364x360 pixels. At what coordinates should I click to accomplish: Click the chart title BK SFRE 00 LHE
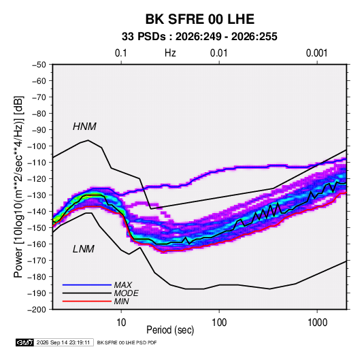(x=199, y=19)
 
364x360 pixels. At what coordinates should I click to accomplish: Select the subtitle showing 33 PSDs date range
(x=199, y=37)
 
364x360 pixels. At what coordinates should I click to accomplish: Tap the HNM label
(x=84, y=127)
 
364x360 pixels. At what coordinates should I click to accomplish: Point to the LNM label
(x=84, y=249)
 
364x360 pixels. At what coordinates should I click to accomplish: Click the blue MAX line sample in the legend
(x=87, y=284)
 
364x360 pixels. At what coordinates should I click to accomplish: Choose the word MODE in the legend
(x=127, y=293)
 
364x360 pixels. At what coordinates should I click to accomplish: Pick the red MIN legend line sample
(x=87, y=301)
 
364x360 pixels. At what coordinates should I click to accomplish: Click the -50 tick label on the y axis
(x=39, y=65)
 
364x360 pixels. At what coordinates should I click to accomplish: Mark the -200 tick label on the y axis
(x=37, y=310)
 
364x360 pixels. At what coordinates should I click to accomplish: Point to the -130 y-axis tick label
(x=37, y=195)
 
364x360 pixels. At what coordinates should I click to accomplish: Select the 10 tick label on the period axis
(x=121, y=323)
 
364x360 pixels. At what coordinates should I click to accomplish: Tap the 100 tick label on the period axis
(x=219, y=323)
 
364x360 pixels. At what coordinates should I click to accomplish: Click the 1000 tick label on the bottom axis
(x=317, y=323)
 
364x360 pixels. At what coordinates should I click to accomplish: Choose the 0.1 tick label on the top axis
(x=121, y=53)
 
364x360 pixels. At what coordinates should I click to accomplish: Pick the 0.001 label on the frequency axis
(x=316, y=53)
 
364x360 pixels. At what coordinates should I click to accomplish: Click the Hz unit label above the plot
(x=170, y=53)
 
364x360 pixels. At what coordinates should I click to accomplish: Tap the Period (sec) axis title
(x=170, y=330)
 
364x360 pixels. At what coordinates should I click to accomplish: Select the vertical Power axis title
(x=19, y=186)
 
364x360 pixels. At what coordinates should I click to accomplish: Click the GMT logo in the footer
(x=25, y=342)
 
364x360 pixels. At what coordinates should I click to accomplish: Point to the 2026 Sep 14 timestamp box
(x=64, y=342)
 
